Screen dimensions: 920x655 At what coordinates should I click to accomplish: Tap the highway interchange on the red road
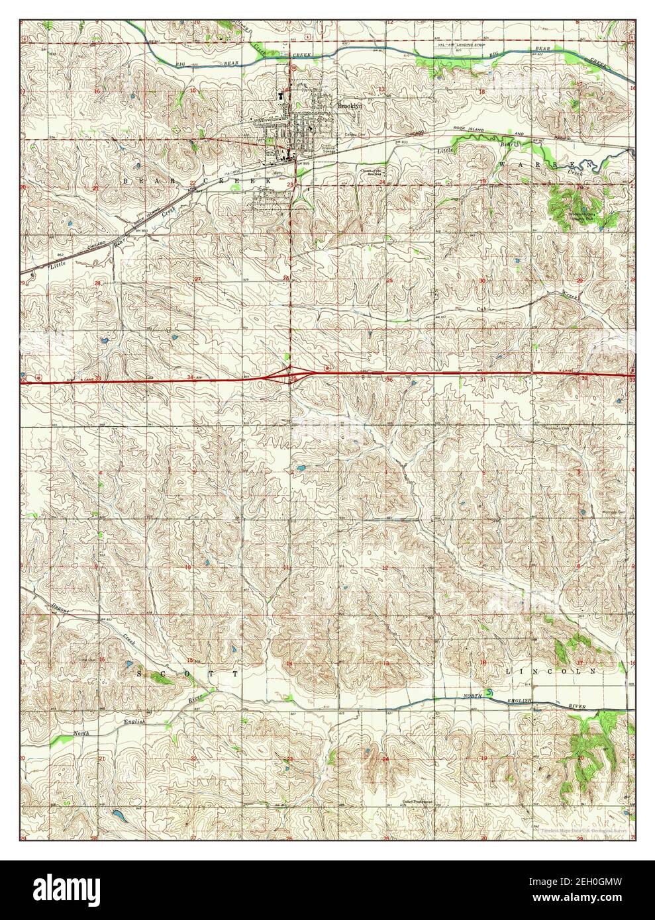click(x=291, y=375)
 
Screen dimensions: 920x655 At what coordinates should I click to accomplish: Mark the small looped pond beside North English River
click(x=489, y=693)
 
